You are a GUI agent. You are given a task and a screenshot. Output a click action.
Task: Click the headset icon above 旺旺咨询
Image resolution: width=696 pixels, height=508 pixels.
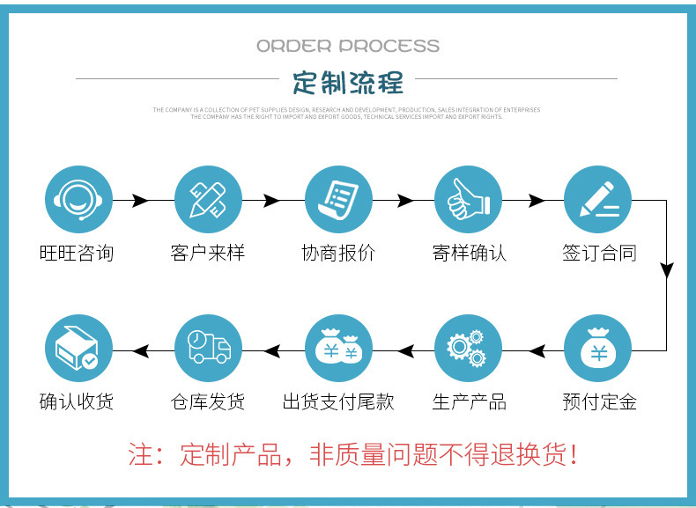(78, 200)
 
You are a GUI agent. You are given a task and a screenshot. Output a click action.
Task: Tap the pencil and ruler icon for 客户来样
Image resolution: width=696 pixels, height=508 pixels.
(208, 200)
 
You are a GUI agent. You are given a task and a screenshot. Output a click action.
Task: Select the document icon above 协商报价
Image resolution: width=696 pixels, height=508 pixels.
(338, 200)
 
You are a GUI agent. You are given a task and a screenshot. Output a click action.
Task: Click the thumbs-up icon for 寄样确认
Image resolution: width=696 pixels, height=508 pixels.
(468, 200)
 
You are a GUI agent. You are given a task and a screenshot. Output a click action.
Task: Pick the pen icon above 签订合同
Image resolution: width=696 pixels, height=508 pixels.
(598, 200)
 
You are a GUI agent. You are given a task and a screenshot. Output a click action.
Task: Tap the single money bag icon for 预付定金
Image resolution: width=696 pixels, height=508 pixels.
(598, 349)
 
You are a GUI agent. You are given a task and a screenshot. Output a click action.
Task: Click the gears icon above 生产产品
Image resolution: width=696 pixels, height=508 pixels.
(468, 349)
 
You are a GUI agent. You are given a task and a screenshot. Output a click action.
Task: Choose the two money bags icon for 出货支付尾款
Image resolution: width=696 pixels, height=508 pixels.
(338, 349)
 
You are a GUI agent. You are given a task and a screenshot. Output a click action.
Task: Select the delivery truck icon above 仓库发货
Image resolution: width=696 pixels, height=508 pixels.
(208, 349)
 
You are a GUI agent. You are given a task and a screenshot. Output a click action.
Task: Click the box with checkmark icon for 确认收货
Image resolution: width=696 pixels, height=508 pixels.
(78, 349)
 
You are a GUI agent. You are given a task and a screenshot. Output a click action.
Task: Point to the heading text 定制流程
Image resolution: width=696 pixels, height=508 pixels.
(348, 83)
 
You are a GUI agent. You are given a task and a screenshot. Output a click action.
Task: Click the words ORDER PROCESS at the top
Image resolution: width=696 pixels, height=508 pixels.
(348, 46)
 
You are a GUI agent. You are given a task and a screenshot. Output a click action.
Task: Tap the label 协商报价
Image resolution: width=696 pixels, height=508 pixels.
(338, 254)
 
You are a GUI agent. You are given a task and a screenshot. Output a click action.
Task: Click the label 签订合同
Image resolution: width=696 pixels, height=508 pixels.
(599, 254)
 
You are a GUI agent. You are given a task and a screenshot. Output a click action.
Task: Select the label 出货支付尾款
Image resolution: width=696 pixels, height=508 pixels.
(338, 402)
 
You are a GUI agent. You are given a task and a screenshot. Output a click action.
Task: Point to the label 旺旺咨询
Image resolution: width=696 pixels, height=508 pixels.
(78, 254)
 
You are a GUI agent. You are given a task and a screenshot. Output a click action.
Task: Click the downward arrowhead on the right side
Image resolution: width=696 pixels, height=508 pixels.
(667, 270)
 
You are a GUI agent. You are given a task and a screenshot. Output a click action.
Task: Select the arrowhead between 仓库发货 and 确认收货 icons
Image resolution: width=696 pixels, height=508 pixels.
(142, 350)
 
